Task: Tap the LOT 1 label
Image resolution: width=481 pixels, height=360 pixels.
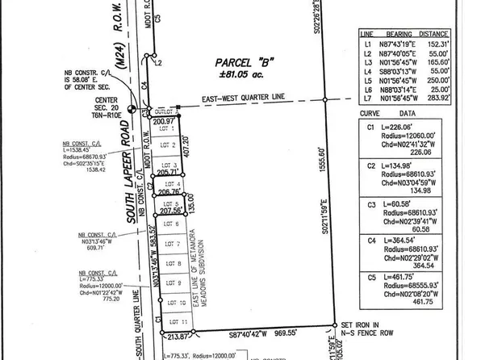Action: point(169,130)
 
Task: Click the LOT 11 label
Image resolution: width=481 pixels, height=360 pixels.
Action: point(169,321)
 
